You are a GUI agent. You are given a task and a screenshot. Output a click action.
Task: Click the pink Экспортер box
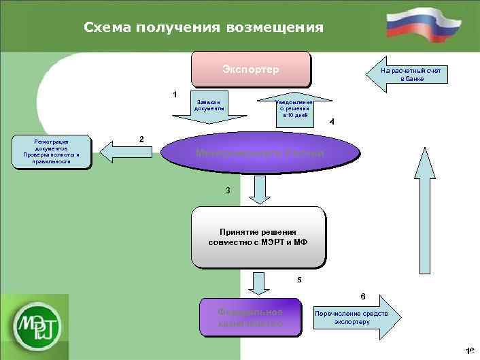point(251,69)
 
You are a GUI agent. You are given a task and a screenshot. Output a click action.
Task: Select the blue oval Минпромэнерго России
point(260,154)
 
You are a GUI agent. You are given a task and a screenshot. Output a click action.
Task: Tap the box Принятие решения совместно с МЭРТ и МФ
point(258,237)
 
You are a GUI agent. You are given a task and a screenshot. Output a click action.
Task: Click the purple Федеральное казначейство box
point(250,317)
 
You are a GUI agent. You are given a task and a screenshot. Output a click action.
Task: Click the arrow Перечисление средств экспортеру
point(354,317)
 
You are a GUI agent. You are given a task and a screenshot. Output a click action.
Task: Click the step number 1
point(175,93)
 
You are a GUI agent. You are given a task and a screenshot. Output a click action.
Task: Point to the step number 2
point(141,139)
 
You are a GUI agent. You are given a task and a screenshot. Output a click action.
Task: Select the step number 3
point(228,191)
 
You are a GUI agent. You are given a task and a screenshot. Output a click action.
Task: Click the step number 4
point(331,122)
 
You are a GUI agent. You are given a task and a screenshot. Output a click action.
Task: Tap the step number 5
point(300,280)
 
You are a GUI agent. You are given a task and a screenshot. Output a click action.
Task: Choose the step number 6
point(362,297)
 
